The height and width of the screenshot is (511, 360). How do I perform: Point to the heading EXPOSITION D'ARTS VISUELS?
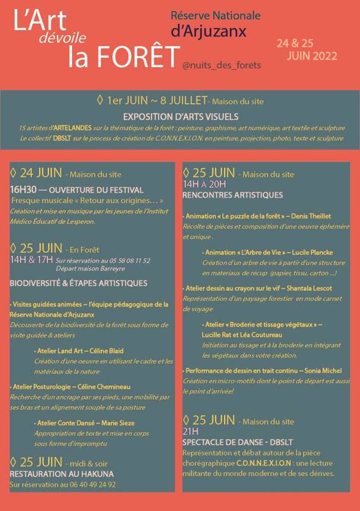[x=181, y=117]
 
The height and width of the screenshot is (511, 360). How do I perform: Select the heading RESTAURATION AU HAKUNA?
[x=61, y=474]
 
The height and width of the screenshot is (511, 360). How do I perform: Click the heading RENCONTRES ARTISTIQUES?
[x=232, y=194]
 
